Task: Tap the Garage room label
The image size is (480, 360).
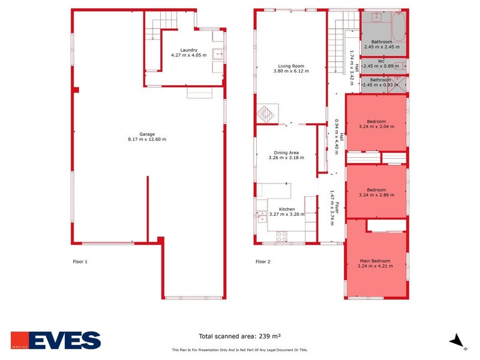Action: point(147,134)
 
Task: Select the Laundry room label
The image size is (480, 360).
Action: point(188,50)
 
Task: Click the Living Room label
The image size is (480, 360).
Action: point(291,66)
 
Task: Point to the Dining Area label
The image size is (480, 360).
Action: point(286,152)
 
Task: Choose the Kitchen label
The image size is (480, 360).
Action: point(286,209)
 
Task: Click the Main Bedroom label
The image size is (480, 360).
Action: point(375,261)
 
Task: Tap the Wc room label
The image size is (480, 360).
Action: point(381,61)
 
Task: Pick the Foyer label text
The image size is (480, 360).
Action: point(337,208)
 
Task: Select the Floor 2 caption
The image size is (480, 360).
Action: point(263,262)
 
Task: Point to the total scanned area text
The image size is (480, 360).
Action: point(240,336)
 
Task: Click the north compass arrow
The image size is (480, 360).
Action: point(457,340)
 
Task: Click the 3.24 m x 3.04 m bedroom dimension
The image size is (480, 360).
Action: point(376,127)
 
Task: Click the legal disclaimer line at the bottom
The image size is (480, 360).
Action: point(239,350)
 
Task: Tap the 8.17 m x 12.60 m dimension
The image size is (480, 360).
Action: point(147,139)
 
